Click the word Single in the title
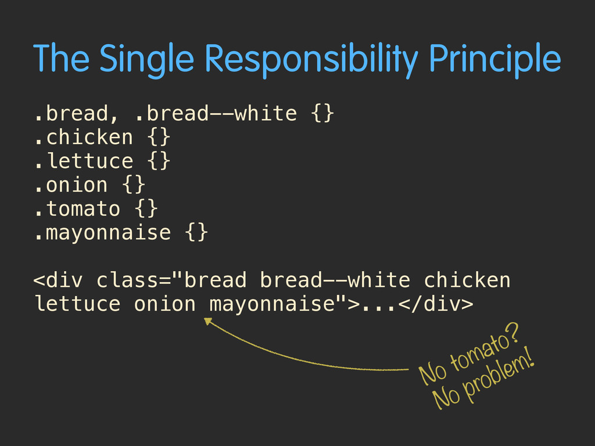tap(147, 60)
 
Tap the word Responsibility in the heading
tap(311, 60)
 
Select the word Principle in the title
tap(495, 60)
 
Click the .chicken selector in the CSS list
tap(84, 137)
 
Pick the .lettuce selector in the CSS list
tap(84, 161)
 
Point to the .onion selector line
tap(89, 185)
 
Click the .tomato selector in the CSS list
tap(77, 208)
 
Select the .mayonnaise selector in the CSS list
tap(102, 232)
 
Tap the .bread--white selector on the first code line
tap(216, 113)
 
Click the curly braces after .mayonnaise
tap(196, 232)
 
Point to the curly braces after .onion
tap(134, 185)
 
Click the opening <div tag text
tap(58, 280)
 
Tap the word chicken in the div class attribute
tap(467, 280)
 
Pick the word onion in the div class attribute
tap(164, 304)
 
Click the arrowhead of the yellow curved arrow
tap(208, 321)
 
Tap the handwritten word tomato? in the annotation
tap(484, 350)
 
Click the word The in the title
tap(61, 58)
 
